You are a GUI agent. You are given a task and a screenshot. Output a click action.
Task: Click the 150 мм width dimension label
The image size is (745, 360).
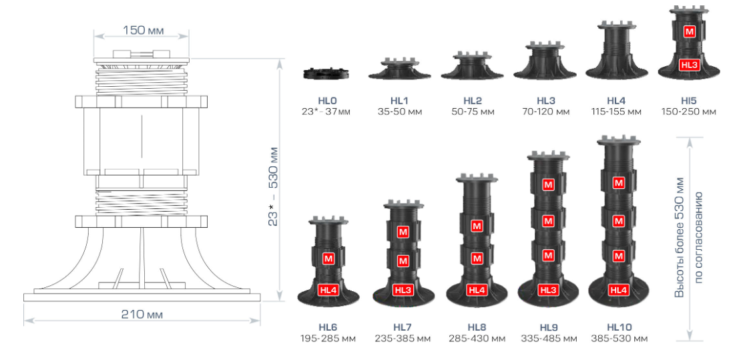(143, 31)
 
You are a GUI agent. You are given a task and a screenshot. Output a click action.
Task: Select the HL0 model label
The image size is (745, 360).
(327, 101)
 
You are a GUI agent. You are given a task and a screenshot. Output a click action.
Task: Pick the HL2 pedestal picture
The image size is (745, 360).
(472, 65)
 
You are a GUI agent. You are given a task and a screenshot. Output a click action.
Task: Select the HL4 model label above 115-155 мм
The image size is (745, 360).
(616, 101)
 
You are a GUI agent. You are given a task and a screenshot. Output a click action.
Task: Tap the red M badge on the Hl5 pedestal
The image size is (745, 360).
(689, 32)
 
